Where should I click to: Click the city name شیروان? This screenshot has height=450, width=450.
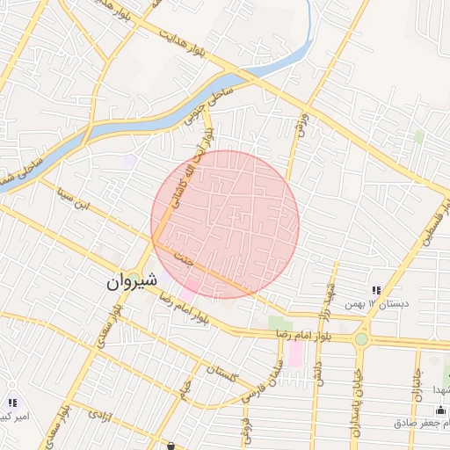[x=132, y=281]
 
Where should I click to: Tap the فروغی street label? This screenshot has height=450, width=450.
[x=246, y=425]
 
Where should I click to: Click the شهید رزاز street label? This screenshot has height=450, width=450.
[x=327, y=300]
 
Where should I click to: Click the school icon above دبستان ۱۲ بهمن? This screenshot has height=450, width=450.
[x=376, y=291]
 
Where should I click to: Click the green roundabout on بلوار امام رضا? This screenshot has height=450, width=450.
[x=361, y=338]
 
